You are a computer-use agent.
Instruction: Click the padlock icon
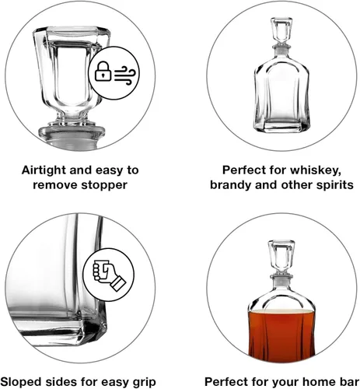[x=103, y=71]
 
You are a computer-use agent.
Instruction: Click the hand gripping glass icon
[x=109, y=275]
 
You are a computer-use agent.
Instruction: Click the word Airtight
[x=44, y=170]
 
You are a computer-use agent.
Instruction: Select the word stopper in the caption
[x=104, y=185]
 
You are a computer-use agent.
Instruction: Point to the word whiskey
[x=315, y=170]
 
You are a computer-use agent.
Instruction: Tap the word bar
[x=348, y=382]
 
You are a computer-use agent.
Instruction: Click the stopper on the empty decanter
[x=281, y=33]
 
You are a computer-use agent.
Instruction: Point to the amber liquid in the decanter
[x=281, y=333]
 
